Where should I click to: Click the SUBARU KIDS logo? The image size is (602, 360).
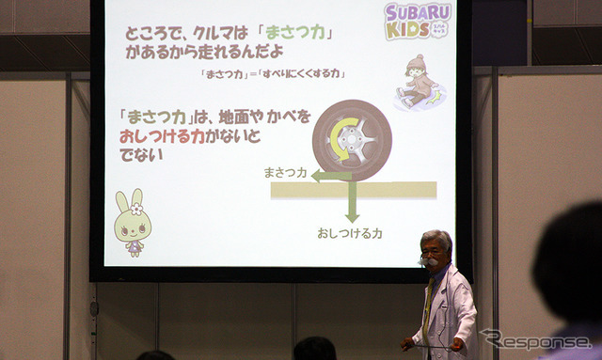click(419, 21)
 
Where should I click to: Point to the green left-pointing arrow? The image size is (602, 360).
click(330, 175)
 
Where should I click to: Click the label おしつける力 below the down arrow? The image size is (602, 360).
click(350, 231)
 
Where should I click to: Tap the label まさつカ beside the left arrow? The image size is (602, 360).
click(285, 173)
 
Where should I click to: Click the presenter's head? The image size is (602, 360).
click(436, 250)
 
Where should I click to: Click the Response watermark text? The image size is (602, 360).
click(536, 339)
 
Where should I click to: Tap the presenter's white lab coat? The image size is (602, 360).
click(451, 310)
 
